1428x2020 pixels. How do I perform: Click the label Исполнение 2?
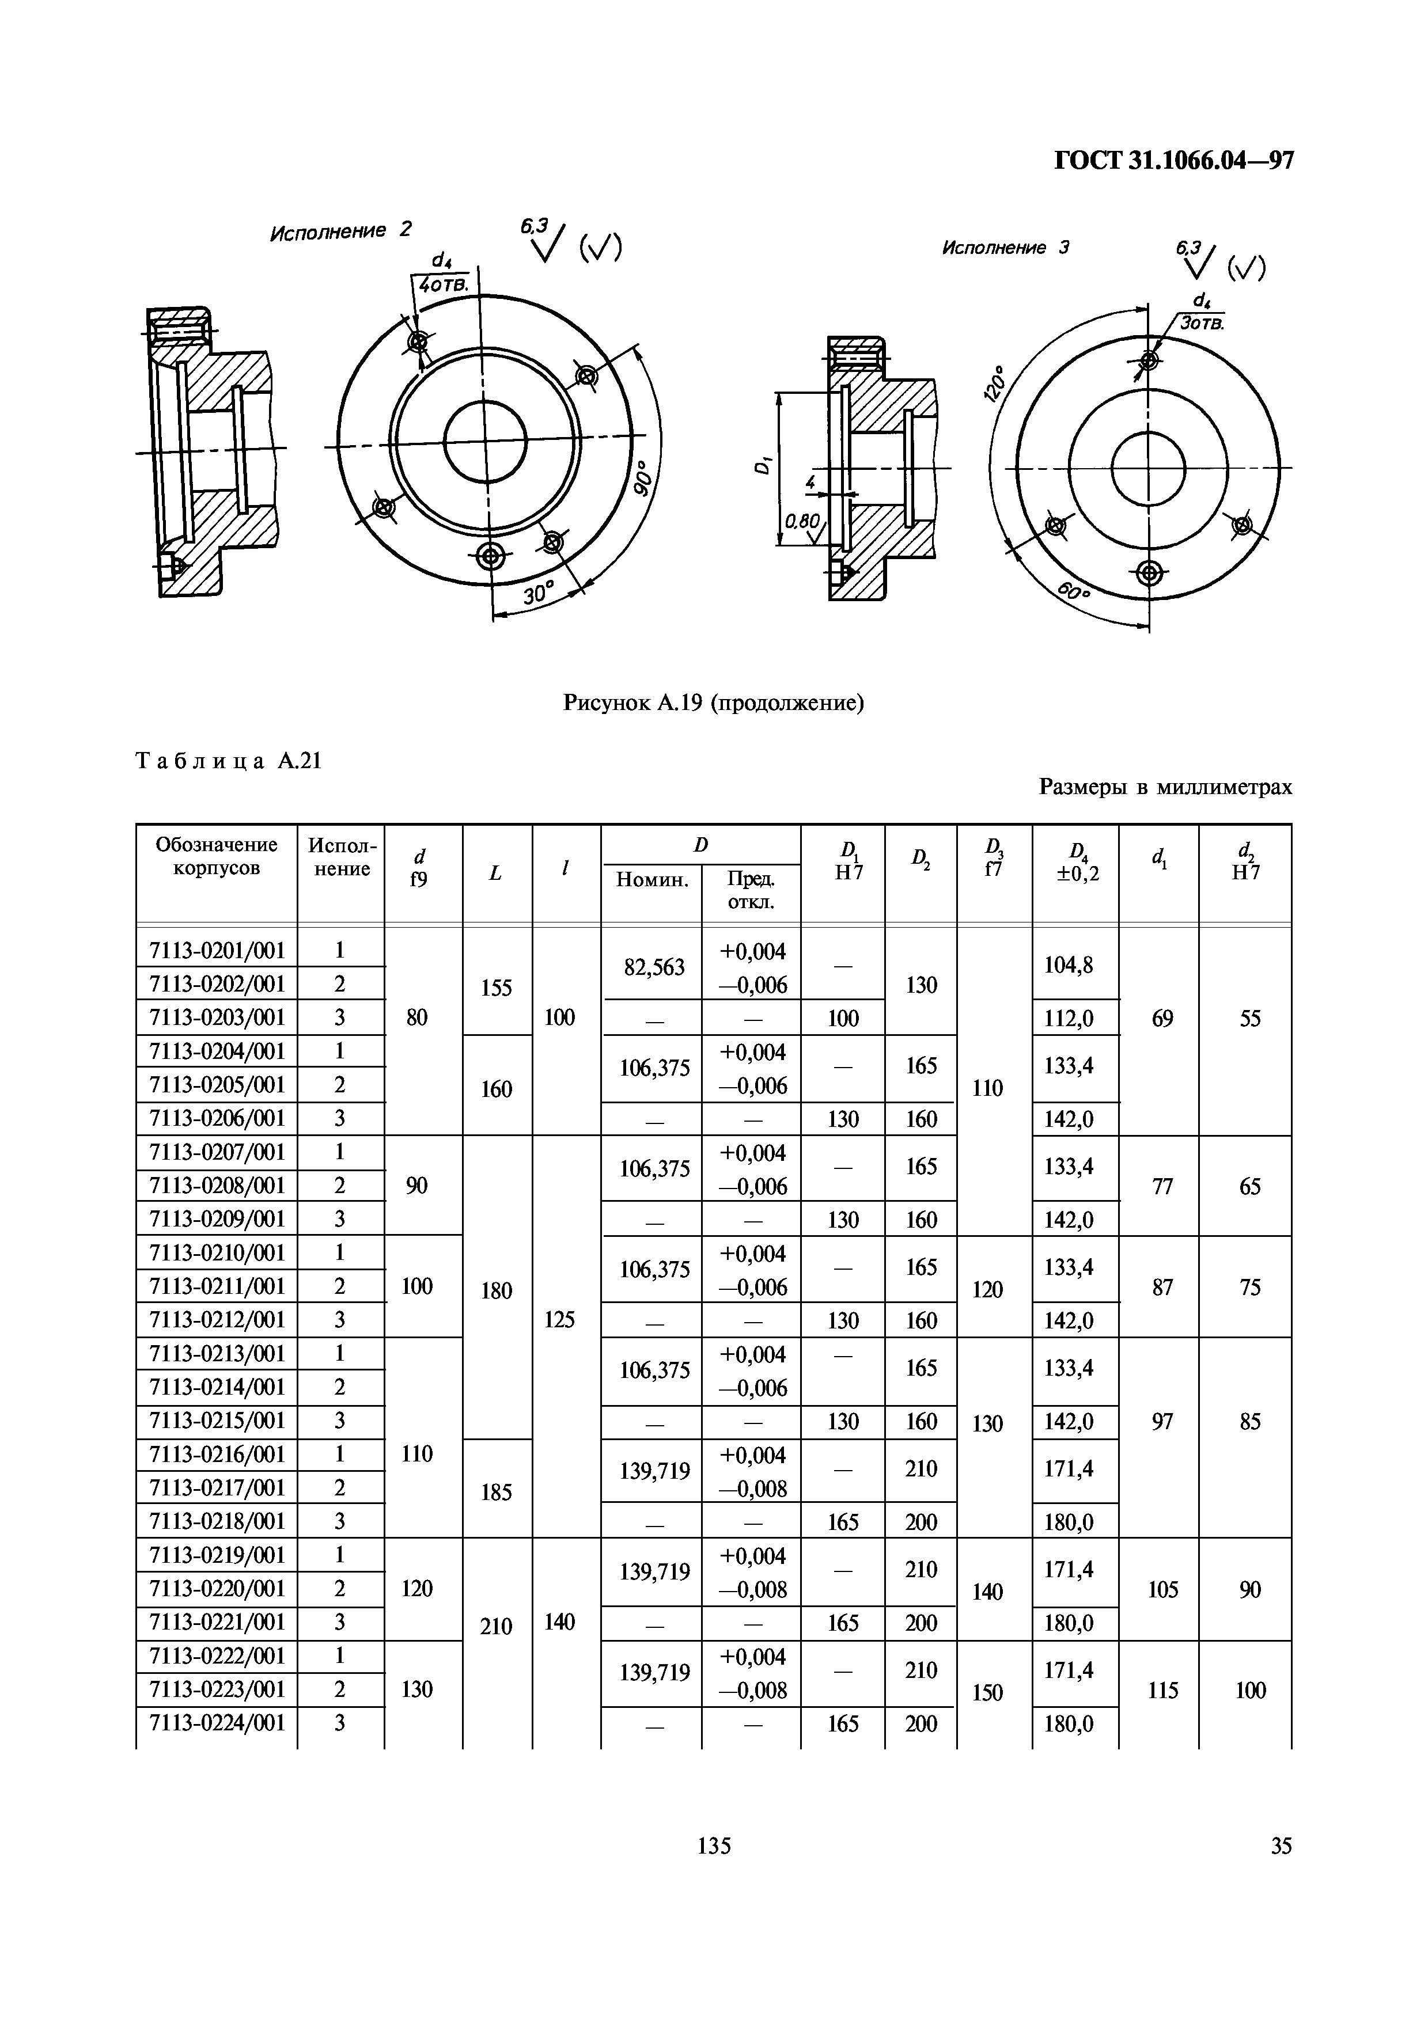pos(340,231)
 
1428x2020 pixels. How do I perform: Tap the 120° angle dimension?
pos(995,384)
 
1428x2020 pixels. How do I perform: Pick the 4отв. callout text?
pos(444,285)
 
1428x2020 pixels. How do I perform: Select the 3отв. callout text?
pos(1202,323)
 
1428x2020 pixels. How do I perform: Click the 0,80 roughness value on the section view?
pos(801,521)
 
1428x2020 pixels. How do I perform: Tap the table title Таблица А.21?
pos(229,761)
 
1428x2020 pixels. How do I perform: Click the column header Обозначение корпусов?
pos(217,856)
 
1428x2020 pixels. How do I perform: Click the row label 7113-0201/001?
pos(217,950)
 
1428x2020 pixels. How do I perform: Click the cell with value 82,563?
pos(654,967)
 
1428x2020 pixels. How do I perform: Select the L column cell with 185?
pos(496,1491)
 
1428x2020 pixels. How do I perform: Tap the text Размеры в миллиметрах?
pos(1165,787)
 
